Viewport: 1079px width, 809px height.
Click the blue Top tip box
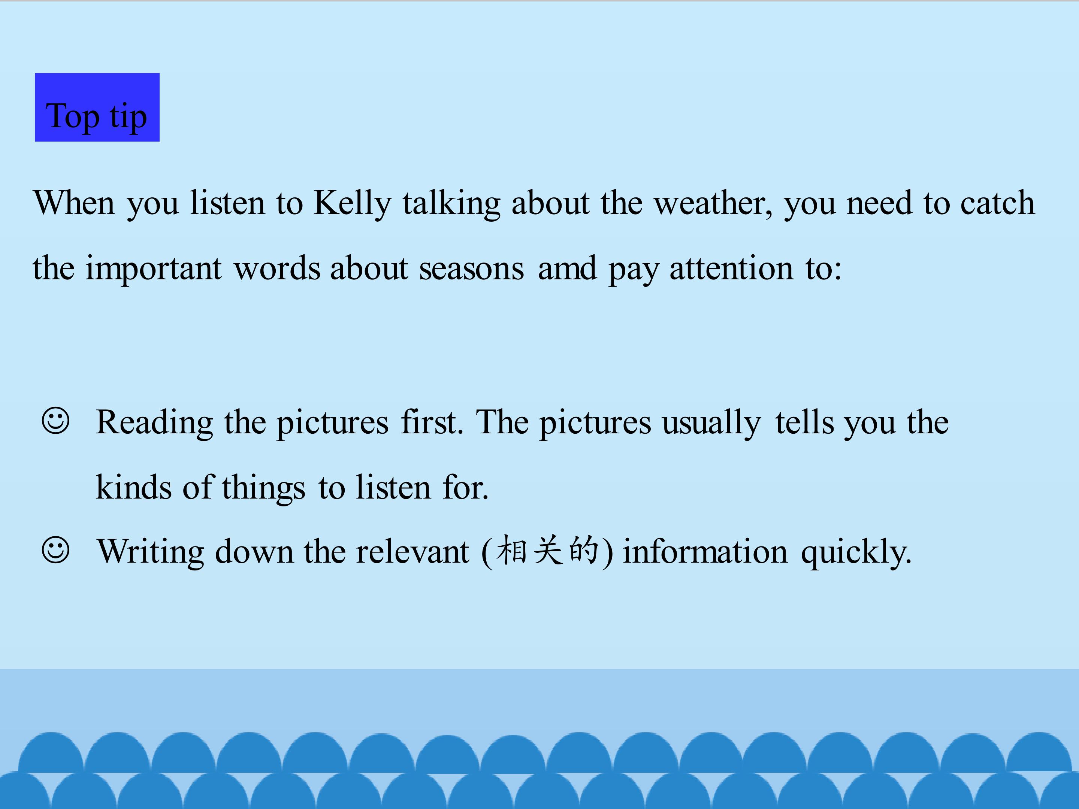click(x=97, y=107)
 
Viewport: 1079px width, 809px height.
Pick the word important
click(x=153, y=269)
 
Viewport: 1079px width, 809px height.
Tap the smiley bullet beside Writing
click(x=55, y=550)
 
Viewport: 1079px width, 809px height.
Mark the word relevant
click(x=412, y=552)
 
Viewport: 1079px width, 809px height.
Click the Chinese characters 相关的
click(x=547, y=550)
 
